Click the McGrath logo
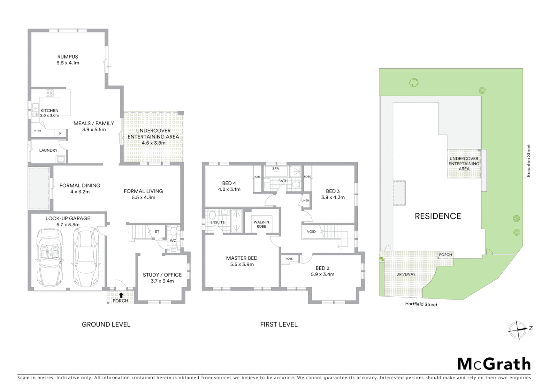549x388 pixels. tap(494, 364)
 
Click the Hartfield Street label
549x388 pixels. tap(421, 304)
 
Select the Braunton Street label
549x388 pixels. tap(529, 161)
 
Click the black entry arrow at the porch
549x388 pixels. tap(121, 295)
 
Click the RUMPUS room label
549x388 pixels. tap(68, 56)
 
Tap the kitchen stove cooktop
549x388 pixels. tap(50, 93)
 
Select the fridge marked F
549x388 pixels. tap(60, 133)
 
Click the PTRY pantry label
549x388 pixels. tap(38, 131)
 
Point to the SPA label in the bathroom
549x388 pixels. tap(276, 168)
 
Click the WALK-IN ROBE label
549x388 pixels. tap(261, 224)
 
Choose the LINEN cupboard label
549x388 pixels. tap(305, 200)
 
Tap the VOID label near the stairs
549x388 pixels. tap(311, 231)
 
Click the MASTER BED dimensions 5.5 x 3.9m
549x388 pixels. tap(242, 264)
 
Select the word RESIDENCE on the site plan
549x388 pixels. tap(438, 216)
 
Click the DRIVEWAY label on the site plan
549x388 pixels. tap(406, 274)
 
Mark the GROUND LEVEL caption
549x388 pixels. tap(106, 324)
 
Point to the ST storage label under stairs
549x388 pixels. tap(157, 231)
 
